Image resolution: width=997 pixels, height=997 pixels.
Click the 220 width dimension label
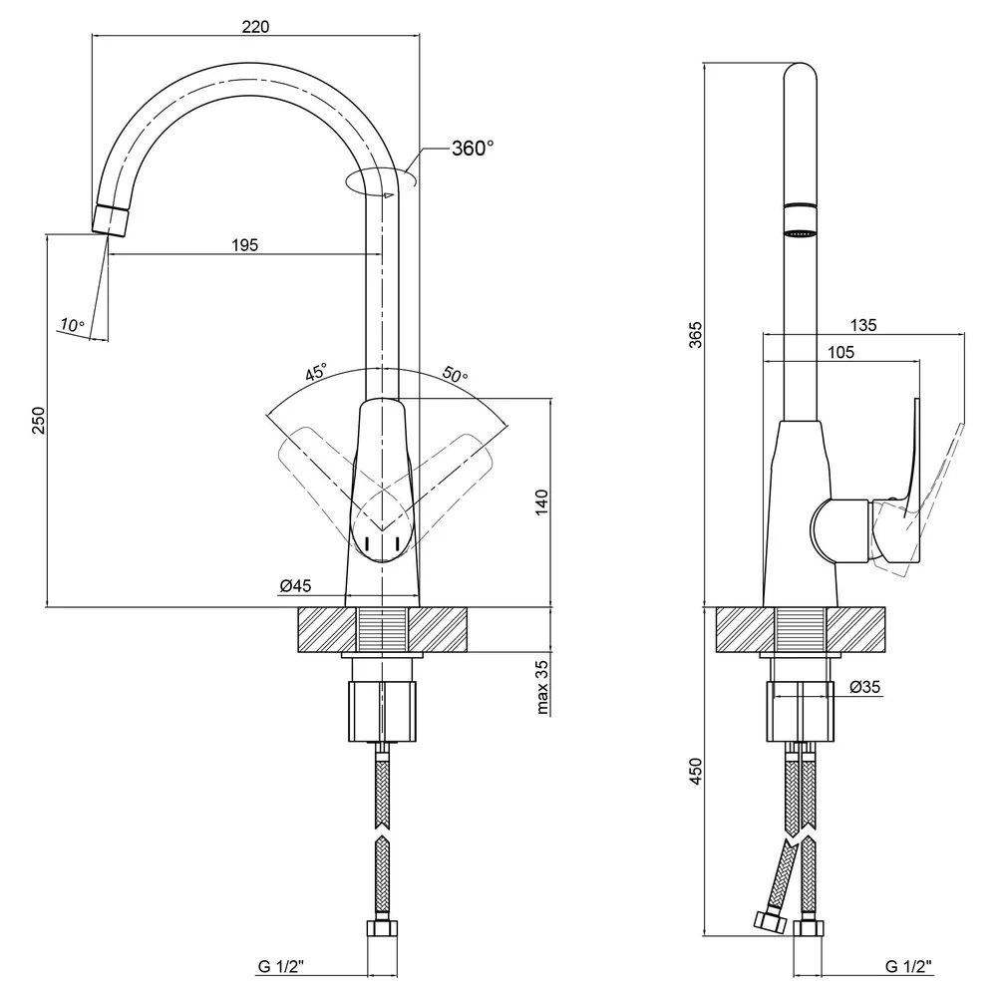click(255, 27)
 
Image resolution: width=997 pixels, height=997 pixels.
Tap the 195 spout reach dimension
click(245, 245)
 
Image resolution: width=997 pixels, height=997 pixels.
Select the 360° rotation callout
click(473, 149)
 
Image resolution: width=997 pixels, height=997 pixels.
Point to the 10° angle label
click(72, 325)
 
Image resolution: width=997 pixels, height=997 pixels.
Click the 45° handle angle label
click(316, 371)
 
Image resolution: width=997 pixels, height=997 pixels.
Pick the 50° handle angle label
click(455, 374)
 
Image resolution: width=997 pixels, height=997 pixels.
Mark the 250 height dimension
click(40, 421)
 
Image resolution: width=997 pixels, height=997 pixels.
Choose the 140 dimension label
click(541, 502)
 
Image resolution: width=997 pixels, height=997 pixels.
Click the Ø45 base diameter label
click(296, 585)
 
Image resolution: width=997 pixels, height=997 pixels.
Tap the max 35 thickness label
click(541, 687)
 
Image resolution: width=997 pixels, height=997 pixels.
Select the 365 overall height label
click(696, 334)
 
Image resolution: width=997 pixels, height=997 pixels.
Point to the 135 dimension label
click(862, 325)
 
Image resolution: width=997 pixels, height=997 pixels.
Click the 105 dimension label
click(840, 352)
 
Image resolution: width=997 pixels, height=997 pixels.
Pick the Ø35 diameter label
click(865, 687)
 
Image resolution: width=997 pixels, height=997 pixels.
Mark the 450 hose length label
click(696, 771)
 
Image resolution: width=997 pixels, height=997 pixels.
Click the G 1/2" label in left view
click(281, 966)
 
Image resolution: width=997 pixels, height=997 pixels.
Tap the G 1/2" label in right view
click(908, 966)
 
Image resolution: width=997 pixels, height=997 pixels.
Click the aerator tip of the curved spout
click(111, 220)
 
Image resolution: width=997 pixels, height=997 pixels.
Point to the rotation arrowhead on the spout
click(389, 195)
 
